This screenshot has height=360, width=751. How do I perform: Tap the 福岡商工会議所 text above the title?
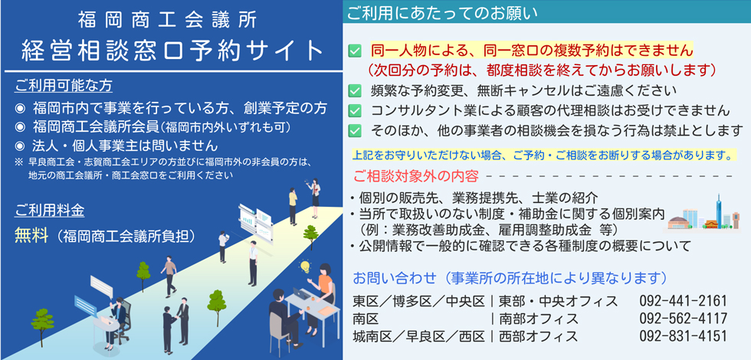click(167, 21)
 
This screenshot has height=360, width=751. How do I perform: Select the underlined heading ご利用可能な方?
click(64, 86)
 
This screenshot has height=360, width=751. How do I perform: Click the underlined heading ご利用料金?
click(49, 210)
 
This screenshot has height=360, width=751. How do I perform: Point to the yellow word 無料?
click(31, 236)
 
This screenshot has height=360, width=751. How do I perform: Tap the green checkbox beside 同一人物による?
click(354, 51)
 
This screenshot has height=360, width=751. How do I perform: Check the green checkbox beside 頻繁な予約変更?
click(354, 90)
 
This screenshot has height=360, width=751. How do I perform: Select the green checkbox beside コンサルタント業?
click(354, 110)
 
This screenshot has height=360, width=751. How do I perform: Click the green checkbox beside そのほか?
click(354, 130)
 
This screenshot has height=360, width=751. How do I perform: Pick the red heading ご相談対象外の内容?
click(415, 176)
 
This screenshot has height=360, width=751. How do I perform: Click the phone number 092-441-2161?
click(683, 301)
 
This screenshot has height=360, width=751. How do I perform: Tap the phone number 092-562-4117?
click(683, 319)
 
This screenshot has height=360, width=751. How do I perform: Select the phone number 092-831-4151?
click(683, 335)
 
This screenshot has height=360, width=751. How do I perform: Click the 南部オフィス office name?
click(538, 319)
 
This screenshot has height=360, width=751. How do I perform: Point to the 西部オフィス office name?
click(538, 335)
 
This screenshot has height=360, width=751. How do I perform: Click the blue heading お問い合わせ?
click(395, 277)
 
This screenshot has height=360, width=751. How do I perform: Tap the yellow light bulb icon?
click(304, 265)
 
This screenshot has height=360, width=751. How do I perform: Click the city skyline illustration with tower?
click(704, 214)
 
